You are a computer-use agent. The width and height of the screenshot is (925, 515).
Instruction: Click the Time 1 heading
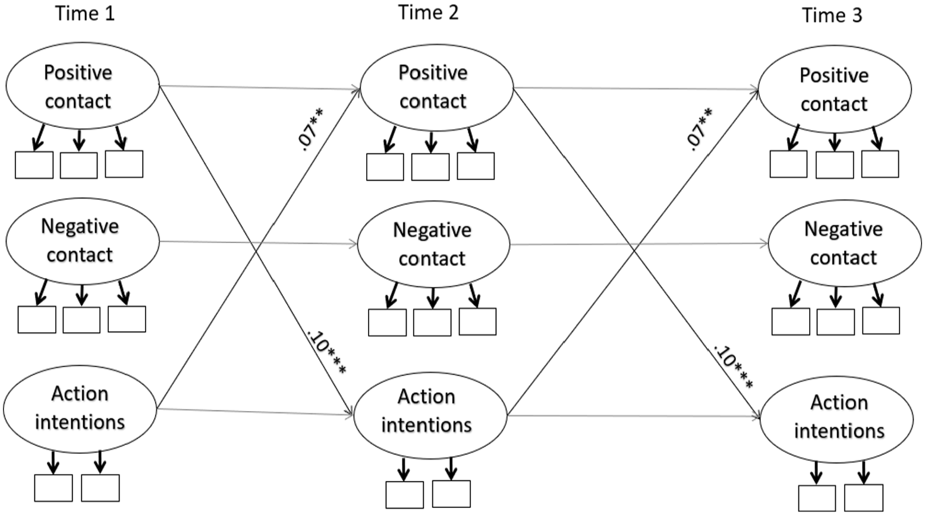(84, 14)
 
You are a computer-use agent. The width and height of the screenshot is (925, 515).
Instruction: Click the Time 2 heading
(428, 12)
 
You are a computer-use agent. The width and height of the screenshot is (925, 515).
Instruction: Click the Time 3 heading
(832, 15)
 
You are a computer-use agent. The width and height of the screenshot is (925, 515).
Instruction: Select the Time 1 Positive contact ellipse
(6, 86)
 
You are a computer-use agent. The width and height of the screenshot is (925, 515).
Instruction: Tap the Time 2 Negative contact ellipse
(358, 244)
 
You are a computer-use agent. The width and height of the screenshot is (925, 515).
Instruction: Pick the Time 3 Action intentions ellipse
(761, 419)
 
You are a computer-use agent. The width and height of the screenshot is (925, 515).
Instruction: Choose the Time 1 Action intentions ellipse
(4, 409)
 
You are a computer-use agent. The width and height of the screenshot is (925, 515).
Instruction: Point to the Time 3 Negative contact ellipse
(769, 244)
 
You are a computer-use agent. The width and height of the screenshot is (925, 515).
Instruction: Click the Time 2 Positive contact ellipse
(360, 88)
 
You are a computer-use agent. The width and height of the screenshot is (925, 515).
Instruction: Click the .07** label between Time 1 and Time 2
(310, 129)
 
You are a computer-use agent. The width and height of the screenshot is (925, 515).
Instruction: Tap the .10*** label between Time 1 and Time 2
(326, 352)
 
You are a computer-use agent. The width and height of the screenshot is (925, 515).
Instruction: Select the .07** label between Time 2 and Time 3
(699, 129)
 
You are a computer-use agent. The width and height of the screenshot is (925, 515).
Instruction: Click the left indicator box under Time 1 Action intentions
(54, 488)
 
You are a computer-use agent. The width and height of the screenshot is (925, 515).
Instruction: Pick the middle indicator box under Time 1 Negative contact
(81, 320)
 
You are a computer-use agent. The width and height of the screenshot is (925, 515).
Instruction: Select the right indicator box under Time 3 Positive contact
(880, 164)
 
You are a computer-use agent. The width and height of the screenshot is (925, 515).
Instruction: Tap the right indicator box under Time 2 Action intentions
(451, 494)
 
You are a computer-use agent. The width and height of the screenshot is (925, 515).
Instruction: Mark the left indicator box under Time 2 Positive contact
(385, 167)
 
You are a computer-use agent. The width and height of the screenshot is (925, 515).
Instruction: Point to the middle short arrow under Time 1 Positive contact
(79, 140)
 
